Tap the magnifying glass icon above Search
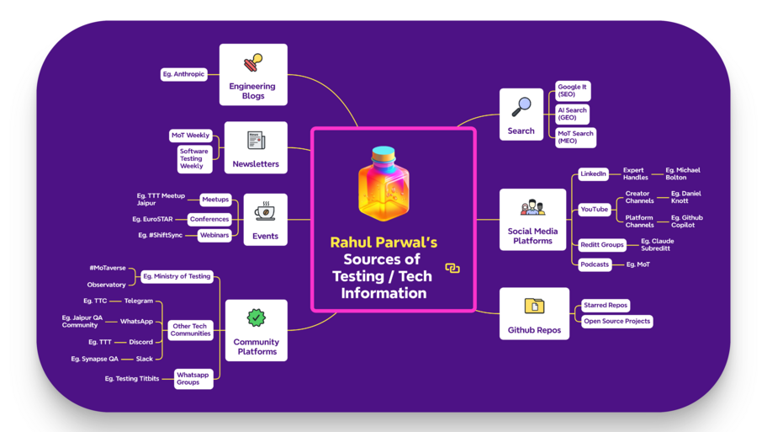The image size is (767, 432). (x=521, y=107)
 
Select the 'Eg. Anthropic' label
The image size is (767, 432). (x=184, y=74)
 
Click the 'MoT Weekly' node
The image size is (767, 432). (x=190, y=135)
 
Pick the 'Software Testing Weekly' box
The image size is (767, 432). (x=193, y=158)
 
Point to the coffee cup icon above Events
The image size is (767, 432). (x=265, y=211)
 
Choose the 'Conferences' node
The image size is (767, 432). (x=209, y=219)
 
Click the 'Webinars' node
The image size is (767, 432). (x=214, y=235)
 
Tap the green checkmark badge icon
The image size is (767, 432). (x=257, y=318)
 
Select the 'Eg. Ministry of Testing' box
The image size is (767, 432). (x=177, y=276)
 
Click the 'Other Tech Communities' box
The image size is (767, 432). (x=190, y=329)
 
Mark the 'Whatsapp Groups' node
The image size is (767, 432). (x=193, y=378)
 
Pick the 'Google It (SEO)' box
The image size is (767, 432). (x=572, y=90)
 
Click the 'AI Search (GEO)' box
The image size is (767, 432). (x=572, y=114)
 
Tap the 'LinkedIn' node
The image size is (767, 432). (x=593, y=173)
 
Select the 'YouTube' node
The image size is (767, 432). (x=594, y=209)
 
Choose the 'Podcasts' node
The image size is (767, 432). (x=595, y=264)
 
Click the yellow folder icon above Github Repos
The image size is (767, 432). (x=534, y=306)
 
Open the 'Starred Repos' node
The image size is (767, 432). (x=606, y=306)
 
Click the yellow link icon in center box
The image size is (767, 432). (x=452, y=268)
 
